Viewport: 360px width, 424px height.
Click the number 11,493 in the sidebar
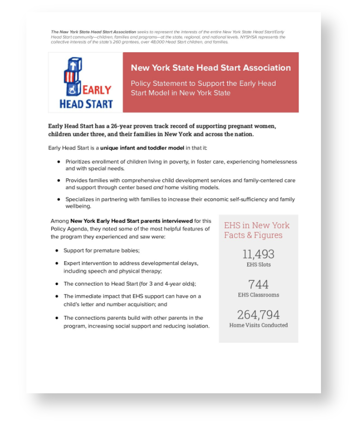258,254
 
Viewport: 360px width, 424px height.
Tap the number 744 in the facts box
258,284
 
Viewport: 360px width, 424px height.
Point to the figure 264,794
258,314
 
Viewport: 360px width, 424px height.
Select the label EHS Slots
258,265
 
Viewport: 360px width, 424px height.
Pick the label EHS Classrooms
258,295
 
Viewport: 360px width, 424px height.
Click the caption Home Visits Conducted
258,325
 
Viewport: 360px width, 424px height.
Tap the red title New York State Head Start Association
210,68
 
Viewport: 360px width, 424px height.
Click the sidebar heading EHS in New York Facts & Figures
256,230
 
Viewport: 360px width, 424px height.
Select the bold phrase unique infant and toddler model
142,148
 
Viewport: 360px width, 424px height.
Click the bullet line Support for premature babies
101,251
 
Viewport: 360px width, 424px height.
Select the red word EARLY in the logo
97,91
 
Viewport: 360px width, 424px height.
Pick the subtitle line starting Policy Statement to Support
203,83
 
